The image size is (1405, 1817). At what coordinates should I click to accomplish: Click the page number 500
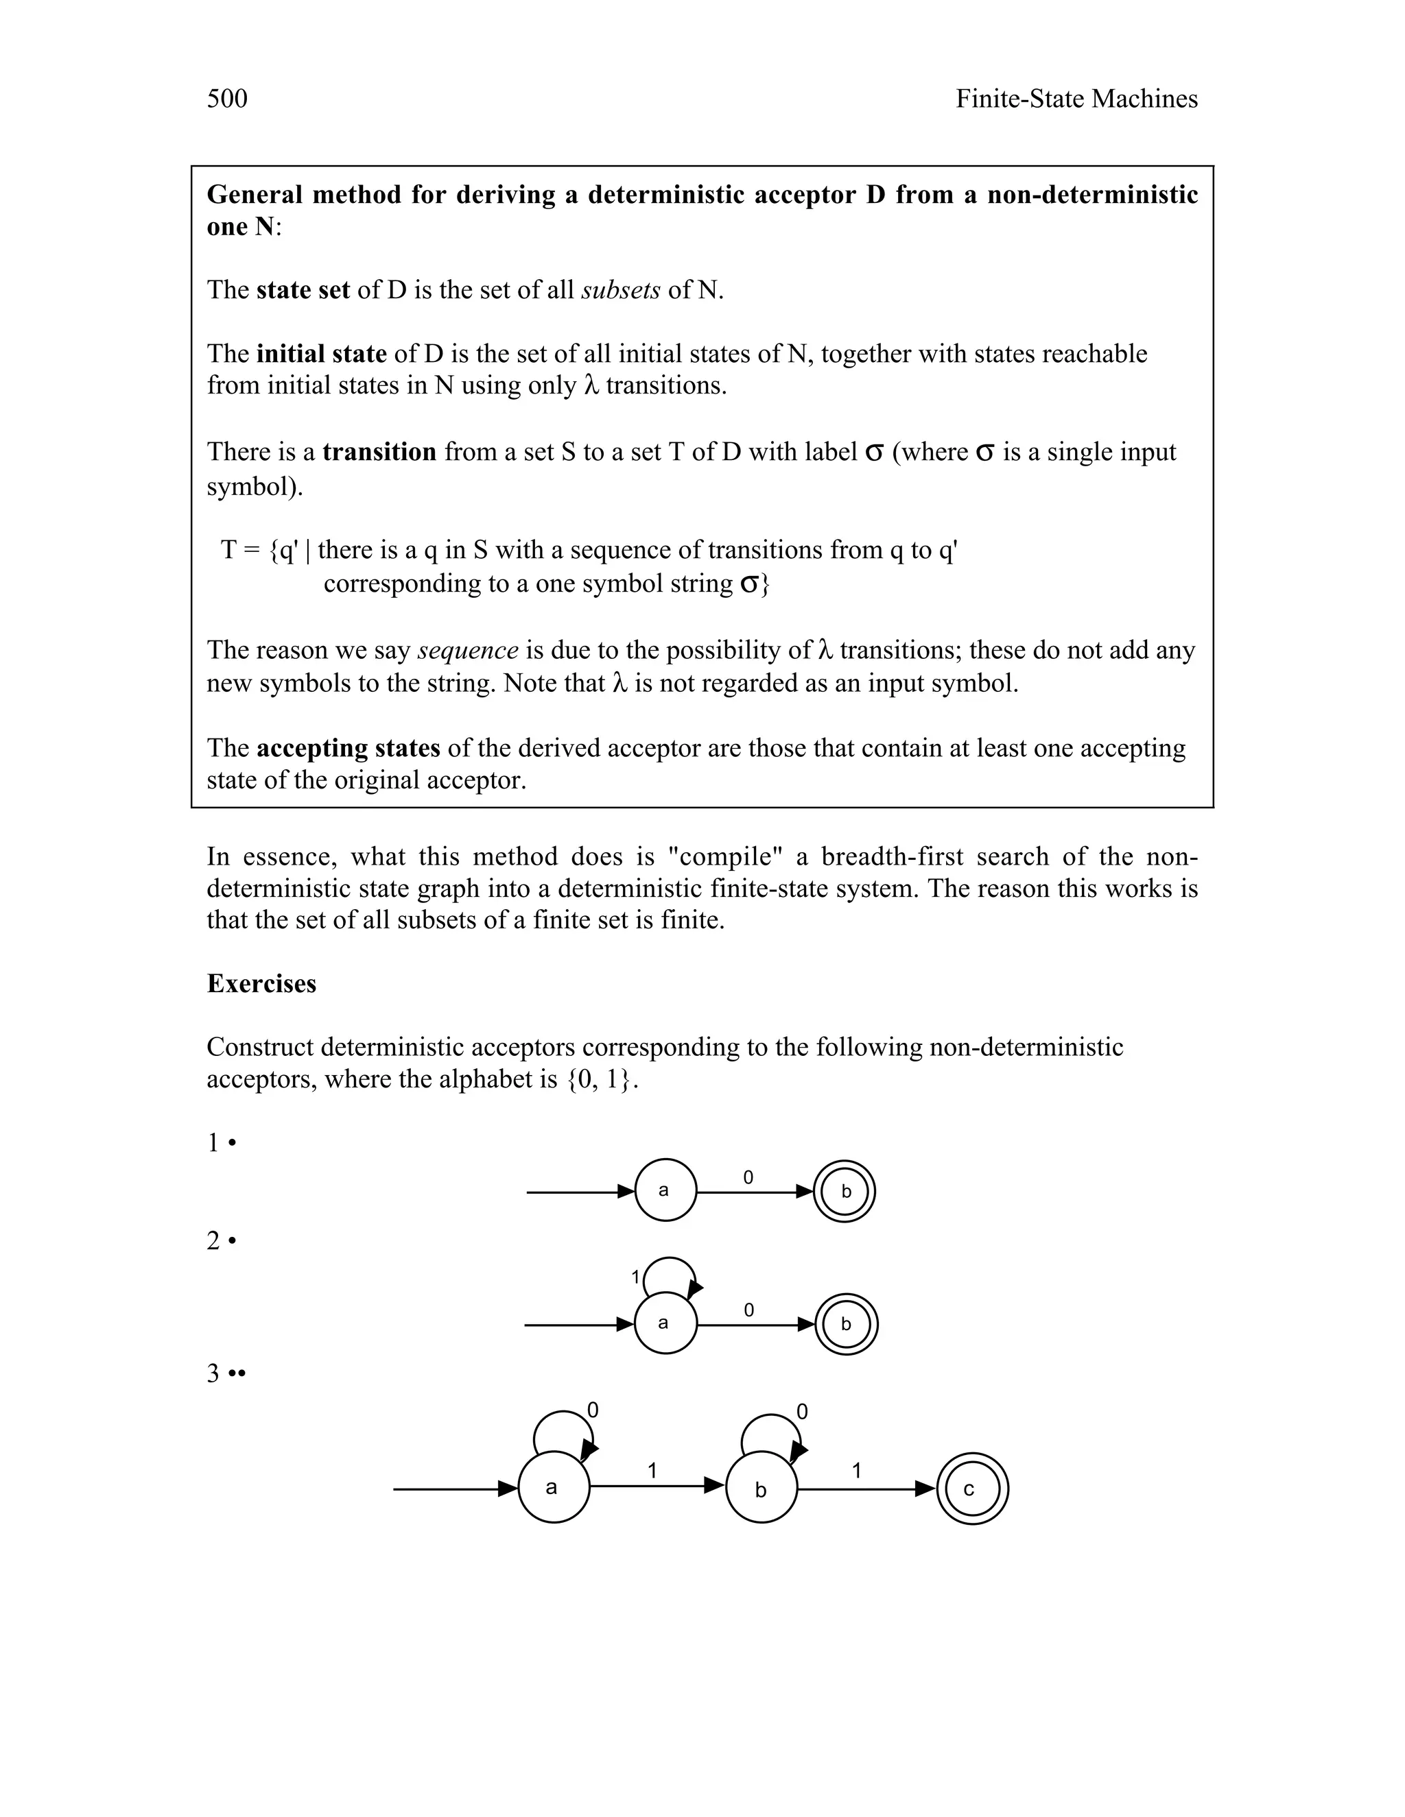226,99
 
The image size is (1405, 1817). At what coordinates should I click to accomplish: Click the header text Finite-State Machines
1076,99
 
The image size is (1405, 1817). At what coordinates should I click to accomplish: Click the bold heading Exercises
261,983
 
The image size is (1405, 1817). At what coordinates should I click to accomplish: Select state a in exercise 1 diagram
665,1190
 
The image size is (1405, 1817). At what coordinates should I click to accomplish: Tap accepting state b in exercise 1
845,1192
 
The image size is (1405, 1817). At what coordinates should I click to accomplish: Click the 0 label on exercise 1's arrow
748,1177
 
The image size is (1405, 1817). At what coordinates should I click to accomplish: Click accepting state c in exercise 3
971,1489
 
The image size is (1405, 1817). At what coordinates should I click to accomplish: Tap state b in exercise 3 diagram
761,1489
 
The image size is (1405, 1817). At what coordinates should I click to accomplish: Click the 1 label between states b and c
856,1471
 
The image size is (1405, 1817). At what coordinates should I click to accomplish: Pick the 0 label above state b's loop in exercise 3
801,1412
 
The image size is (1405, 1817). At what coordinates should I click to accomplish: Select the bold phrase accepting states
348,748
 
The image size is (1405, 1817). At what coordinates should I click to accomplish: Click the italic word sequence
468,650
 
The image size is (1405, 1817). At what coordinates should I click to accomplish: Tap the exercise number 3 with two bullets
226,1373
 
